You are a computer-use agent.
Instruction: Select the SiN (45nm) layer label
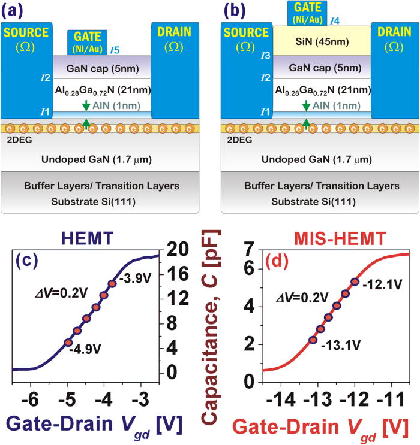[319, 41]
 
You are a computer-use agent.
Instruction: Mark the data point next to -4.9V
[68, 343]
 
